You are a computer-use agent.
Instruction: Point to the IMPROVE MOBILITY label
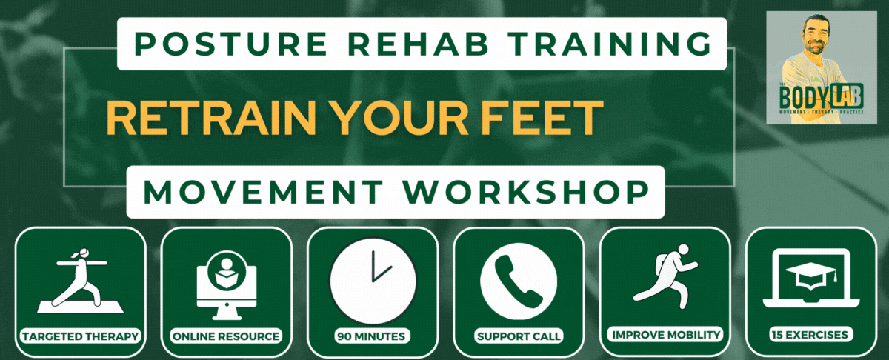[x=665, y=335]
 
